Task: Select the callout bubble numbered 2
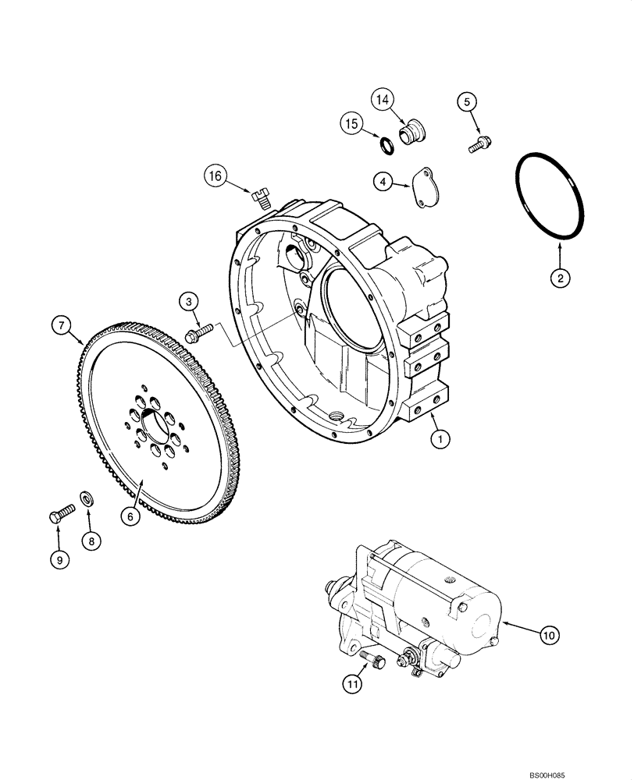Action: point(559,276)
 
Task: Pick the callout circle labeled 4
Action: point(383,182)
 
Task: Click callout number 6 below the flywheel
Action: point(130,515)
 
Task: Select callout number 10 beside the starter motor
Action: point(548,636)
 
